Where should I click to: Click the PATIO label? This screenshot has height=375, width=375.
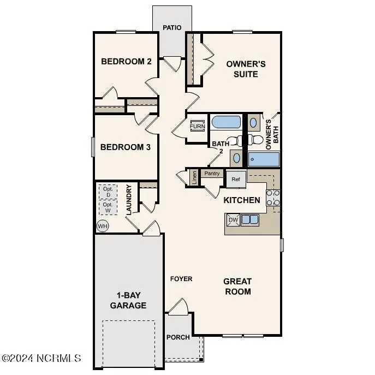pos(172,27)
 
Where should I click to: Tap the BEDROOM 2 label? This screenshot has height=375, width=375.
pos(126,61)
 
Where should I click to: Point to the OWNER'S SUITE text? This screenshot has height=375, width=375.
pos(246,69)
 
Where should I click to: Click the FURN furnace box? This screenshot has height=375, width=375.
pos(197,127)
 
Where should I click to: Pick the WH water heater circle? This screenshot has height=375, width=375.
pos(102,225)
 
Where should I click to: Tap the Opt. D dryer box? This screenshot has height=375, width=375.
pos(108,192)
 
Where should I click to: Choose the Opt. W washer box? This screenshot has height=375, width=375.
pos(108,208)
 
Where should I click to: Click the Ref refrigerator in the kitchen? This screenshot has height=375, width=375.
pos(236,178)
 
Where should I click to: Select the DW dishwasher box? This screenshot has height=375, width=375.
pos(233,220)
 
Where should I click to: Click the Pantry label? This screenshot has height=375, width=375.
pos(212,174)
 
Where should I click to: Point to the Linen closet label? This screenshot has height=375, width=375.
pos(194,177)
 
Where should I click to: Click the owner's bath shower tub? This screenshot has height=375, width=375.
pos(264,159)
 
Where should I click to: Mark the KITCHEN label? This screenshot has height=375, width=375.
pos(242,200)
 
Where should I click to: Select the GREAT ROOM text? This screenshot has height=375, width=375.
pos(237,286)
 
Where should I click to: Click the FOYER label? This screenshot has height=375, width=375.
pos(181,279)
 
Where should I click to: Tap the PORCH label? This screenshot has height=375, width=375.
pos(178,337)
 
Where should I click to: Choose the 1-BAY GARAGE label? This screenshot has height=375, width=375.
pos(128,301)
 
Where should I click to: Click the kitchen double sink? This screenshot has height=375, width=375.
pos(250,220)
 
